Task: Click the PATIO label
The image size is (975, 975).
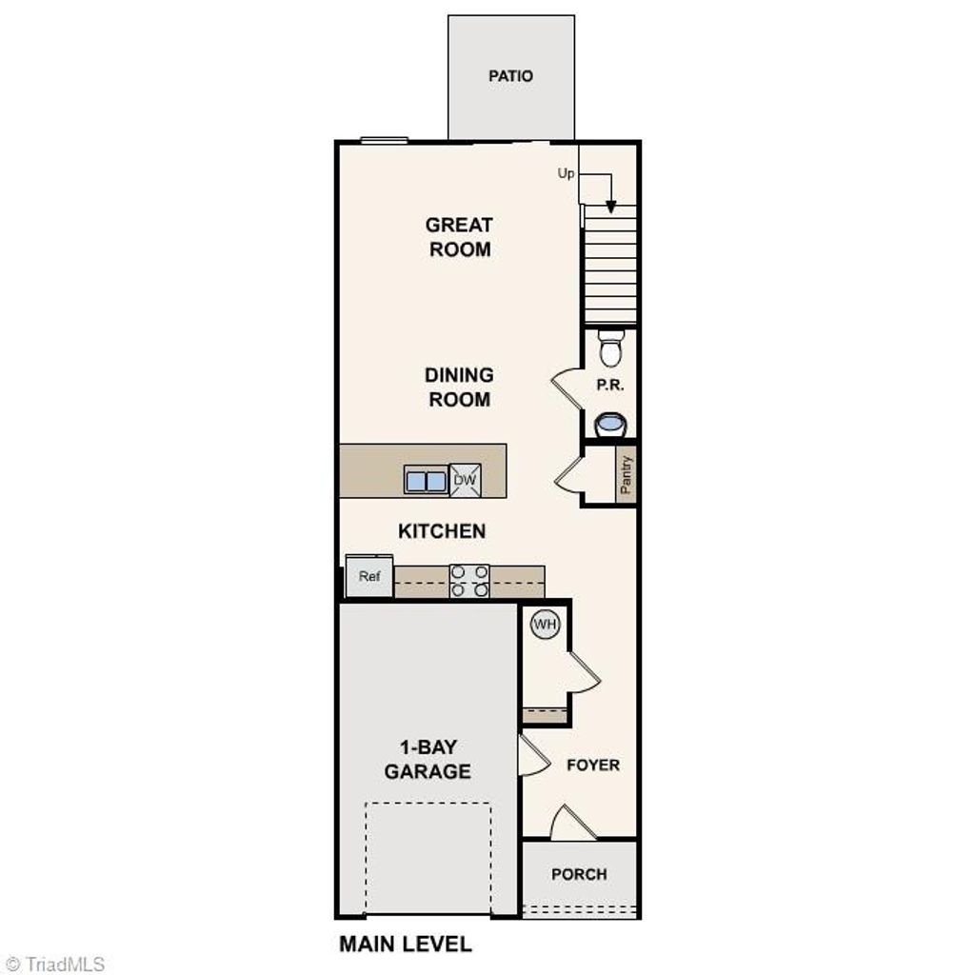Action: click(510, 76)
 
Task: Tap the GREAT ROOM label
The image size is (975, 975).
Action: click(459, 237)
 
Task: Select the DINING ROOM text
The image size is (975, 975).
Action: click(459, 388)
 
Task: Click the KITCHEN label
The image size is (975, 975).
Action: click(442, 531)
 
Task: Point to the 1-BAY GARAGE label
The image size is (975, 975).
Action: click(428, 759)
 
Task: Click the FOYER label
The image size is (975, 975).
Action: click(592, 765)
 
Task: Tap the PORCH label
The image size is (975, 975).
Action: click(579, 874)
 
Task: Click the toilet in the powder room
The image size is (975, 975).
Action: click(610, 348)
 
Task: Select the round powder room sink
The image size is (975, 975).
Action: click(609, 423)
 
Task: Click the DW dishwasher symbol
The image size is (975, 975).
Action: click(465, 480)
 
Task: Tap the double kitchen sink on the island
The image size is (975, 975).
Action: click(426, 481)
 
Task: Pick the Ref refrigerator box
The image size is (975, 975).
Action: click(369, 576)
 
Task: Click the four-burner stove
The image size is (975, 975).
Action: click(468, 581)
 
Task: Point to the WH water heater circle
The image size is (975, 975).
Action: click(545, 625)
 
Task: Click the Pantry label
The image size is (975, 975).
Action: click(626, 474)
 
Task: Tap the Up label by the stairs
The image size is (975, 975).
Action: click(566, 173)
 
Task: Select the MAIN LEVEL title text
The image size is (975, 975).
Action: click(405, 945)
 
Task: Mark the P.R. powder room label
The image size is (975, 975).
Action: click(609, 386)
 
